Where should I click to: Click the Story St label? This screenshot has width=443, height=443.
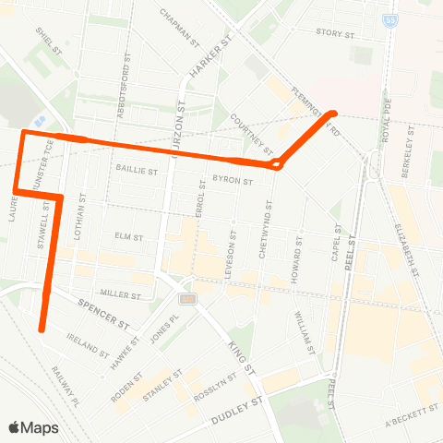335,32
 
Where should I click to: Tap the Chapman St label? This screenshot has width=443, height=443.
180,29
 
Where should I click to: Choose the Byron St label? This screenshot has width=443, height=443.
233,182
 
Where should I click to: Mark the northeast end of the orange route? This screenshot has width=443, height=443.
334,114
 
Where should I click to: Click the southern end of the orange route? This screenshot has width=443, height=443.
42,328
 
